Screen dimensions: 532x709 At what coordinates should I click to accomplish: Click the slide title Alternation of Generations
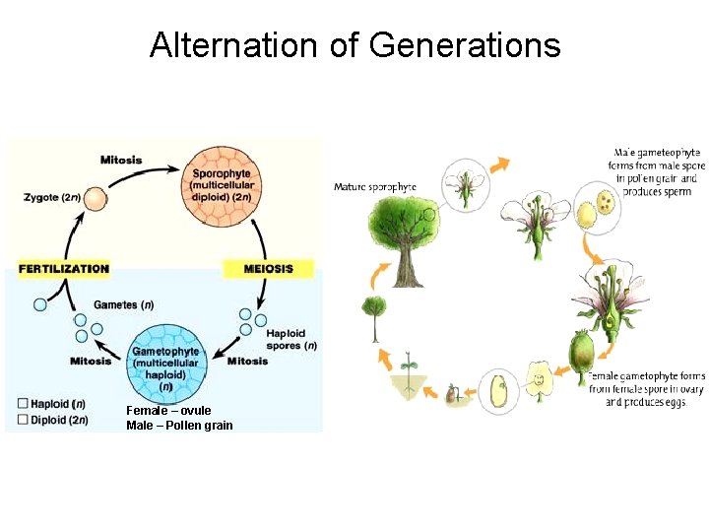pyautogui.click(x=354, y=45)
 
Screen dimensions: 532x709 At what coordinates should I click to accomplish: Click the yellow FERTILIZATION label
pyautogui.click(x=64, y=268)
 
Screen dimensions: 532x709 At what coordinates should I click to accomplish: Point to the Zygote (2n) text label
pyautogui.click(x=52, y=198)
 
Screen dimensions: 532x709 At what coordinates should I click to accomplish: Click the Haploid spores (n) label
pyautogui.click(x=291, y=340)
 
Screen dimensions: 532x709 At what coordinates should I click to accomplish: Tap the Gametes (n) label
pyautogui.click(x=123, y=304)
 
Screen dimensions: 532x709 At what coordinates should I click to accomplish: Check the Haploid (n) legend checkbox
pyautogui.click(x=23, y=404)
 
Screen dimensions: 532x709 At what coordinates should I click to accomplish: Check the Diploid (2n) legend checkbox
pyautogui.click(x=23, y=420)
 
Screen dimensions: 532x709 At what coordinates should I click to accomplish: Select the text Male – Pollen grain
pyautogui.click(x=179, y=426)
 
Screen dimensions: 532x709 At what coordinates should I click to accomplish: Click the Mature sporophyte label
pyautogui.click(x=375, y=187)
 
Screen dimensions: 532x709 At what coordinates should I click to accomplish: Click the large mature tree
pyautogui.click(x=406, y=236)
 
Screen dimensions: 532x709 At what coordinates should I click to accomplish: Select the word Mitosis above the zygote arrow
pyautogui.click(x=121, y=160)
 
